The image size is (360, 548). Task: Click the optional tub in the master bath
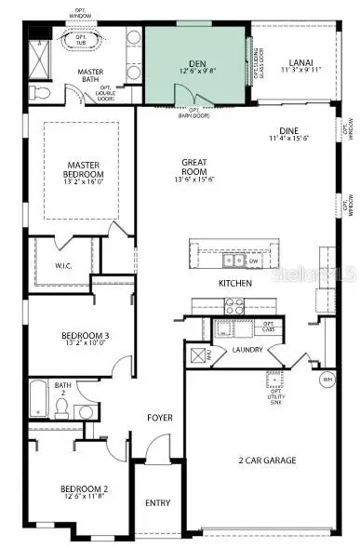pos(80,40)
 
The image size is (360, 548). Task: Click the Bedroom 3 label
pos(85,336)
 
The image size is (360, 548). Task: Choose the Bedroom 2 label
pos(84,489)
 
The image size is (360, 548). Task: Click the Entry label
pos(158,503)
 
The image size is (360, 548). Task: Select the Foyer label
pos(160,418)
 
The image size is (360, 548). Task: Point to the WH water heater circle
pos(327,380)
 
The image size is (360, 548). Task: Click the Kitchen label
pos(235,283)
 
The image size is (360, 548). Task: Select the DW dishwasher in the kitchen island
pos(253,261)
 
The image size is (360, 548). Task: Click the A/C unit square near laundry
pos(197,354)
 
